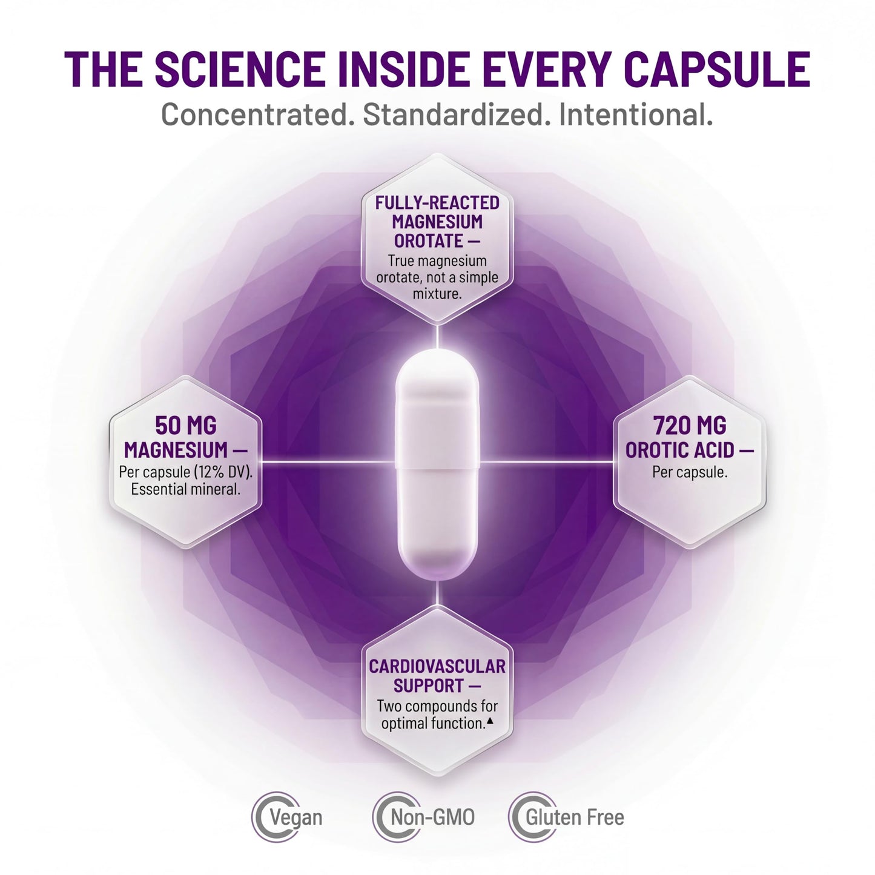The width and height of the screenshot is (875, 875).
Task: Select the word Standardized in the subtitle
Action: pyautogui.click(x=453, y=114)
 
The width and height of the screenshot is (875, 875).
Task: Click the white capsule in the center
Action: pyautogui.click(x=437, y=464)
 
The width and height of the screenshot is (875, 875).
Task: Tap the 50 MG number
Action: pyautogui.click(x=186, y=426)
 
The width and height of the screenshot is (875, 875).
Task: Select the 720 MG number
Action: pyautogui.click(x=690, y=426)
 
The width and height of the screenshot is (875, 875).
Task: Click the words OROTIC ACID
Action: pyautogui.click(x=680, y=450)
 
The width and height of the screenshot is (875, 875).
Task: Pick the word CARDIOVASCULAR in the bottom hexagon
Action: pyautogui.click(x=437, y=666)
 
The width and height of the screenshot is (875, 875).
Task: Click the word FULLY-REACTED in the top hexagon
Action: pyautogui.click(x=437, y=202)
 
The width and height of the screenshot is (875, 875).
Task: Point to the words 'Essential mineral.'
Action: pyautogui.click(x=186, y=489)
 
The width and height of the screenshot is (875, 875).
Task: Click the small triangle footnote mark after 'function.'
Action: pyautogui.click(x=489, y=719)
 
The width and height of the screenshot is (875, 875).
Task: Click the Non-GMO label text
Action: pyautogui.click(x=433, y=817)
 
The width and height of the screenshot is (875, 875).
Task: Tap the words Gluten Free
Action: pyautogui.click(x=575, y=817)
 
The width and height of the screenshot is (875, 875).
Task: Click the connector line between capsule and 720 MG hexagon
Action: pyautogui.click(x=546, y=462)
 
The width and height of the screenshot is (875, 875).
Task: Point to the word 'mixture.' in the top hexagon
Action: pyautogui.click(x=437, y=293)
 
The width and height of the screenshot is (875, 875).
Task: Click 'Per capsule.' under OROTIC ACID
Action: pyautogui.click(x=690, y=472)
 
